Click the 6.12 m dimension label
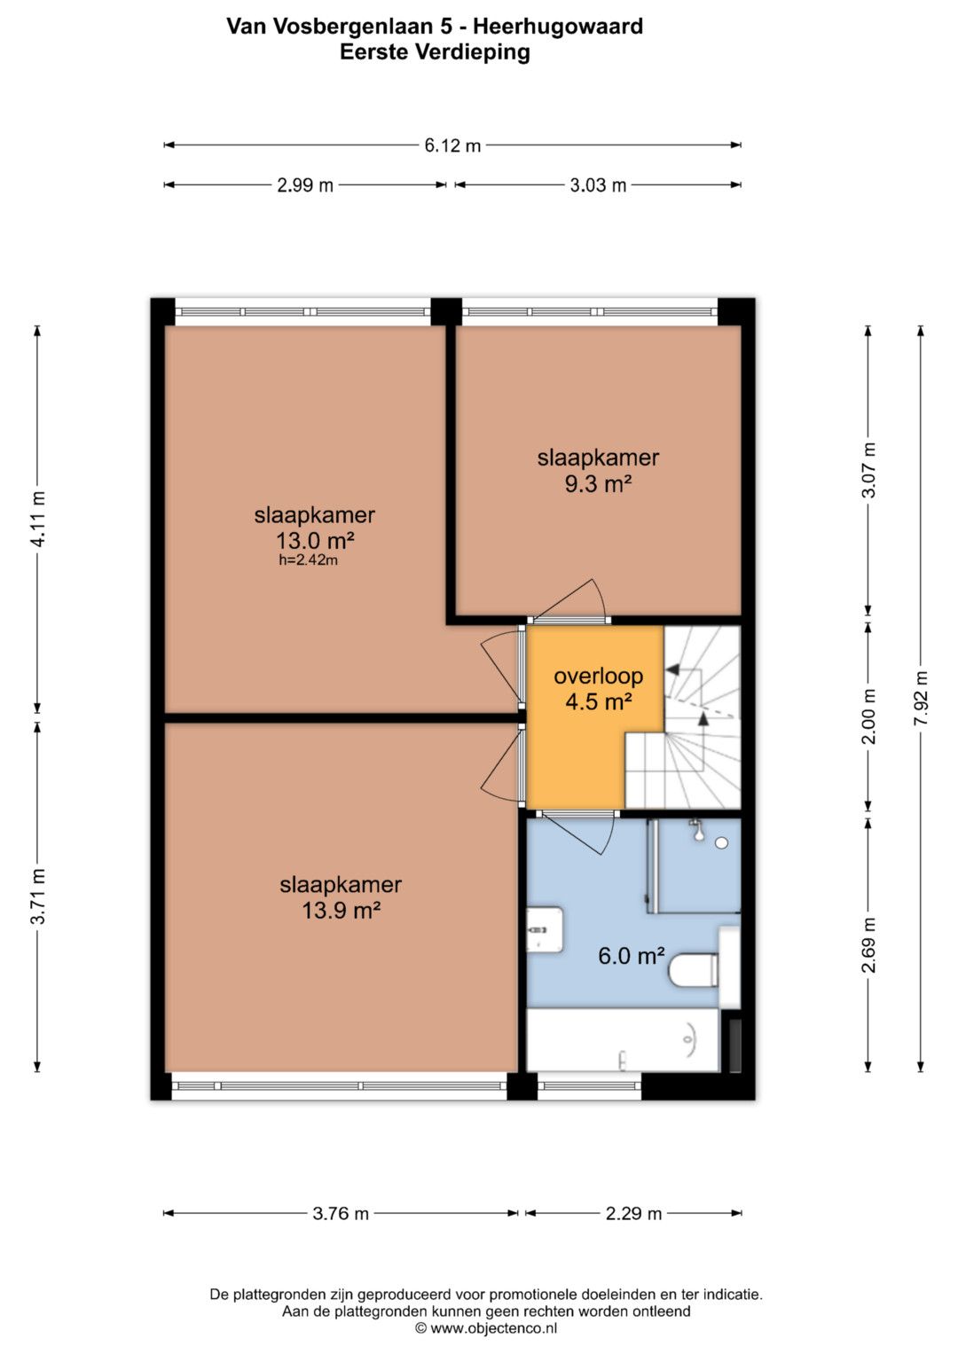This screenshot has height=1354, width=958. [x=452, y=145]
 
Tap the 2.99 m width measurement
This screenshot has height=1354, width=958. [x=305, y=185]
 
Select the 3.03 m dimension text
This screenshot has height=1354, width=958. [x=598, y=185]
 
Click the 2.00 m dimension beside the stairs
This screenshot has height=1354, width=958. [x=868, y=716]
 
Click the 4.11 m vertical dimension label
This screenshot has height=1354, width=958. [x=37, y=519]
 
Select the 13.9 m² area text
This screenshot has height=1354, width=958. [x=342, y=910]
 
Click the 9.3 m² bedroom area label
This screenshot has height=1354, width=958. [x=598, y=483]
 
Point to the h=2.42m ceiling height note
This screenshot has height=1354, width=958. [x=308, y=560]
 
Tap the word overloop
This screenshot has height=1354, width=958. [x=598, y=677]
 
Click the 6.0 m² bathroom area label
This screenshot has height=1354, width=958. [x=632, y=956]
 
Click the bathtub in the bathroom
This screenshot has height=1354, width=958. [x=623, y=1040]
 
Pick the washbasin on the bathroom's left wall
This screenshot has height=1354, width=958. [x=546, y=929]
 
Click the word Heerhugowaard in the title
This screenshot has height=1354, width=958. [x=558, y=27]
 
